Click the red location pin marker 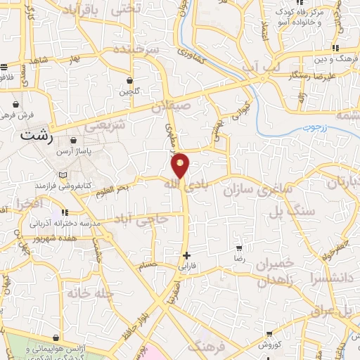click(181, 165)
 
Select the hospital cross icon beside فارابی click(186, 255)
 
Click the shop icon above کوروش click(269, 334)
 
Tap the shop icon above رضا click(239, 248)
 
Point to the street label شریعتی click(106, 125)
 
